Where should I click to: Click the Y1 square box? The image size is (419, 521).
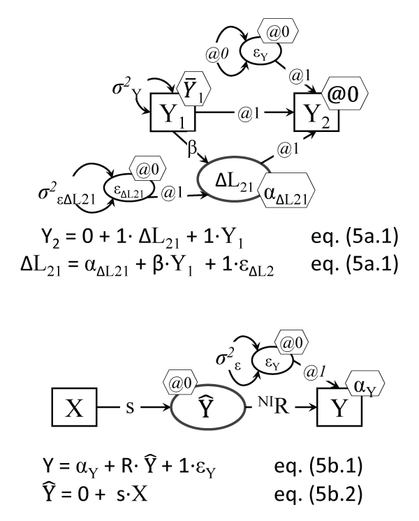pyautogui.click(x=172, y=111)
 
